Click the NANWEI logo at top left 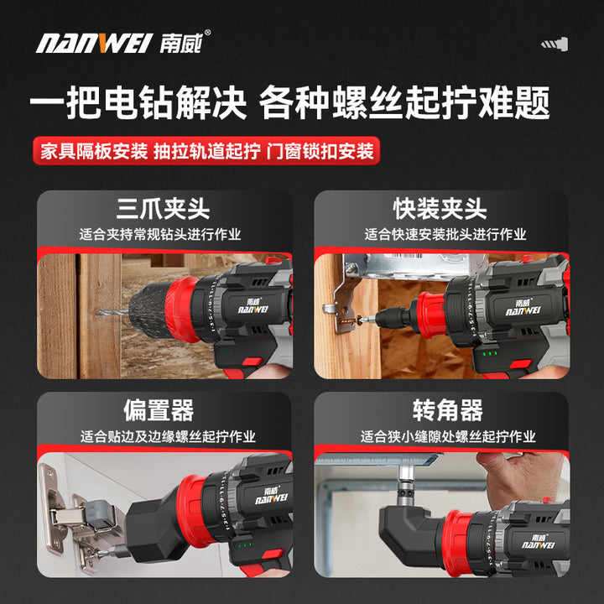(x=123, y=42)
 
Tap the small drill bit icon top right (x=555, y=44)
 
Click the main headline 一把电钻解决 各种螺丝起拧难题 (x=289, y=102)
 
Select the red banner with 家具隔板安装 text (x=206, y=151)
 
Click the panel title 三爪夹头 (x=163, y=209)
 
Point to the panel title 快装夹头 (x=440, y=209)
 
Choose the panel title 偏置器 (x=159, y=410)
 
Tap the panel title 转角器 (x=448, y=410)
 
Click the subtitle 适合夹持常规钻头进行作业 (x=160, y=234)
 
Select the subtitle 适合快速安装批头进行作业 (x=445, y=234)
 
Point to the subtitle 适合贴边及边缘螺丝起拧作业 (x=168, y=436)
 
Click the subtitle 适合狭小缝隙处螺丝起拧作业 (x=448, y=436)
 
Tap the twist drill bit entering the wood (x=112, y=312)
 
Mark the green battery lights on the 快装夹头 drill (x=491, y=353)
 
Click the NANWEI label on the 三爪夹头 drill (x=253, y=306)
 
